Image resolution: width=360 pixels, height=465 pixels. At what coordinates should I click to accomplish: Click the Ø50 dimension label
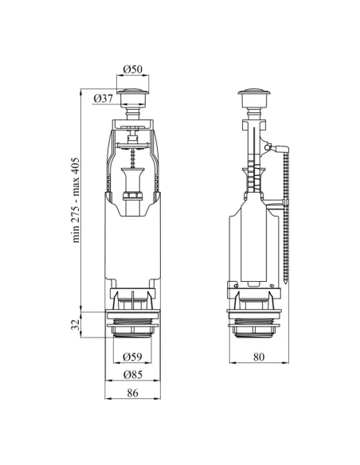click(132, 69)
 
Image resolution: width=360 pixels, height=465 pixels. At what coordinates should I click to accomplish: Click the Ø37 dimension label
click(104, 98)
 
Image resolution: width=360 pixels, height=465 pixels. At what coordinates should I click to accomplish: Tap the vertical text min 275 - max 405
click(76, 200)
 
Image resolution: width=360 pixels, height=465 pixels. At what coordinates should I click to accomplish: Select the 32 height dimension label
click(76, 324)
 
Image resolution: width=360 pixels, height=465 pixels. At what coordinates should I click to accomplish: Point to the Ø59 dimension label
click(132, 357)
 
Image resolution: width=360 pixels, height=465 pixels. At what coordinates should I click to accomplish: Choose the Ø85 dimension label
click(132, 374)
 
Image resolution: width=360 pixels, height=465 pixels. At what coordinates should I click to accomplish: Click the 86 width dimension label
click(132, 393)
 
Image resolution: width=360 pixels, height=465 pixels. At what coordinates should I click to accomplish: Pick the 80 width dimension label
click(259, 357)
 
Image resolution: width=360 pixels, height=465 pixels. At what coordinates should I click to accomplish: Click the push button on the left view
click(132, 97)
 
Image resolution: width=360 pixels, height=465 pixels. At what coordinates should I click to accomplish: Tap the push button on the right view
click(254, 97)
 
